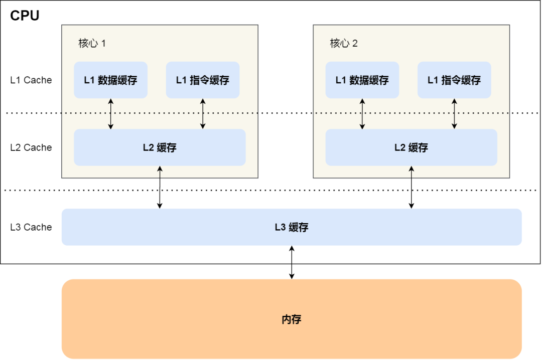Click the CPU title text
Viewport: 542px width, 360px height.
25,16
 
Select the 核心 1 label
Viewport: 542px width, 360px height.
92,43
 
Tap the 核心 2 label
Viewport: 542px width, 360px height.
344,43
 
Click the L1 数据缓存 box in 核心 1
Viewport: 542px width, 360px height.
110,80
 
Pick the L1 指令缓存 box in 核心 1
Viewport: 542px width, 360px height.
203,80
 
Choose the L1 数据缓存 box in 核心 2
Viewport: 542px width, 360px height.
362,80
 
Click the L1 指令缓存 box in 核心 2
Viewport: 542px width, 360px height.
454,80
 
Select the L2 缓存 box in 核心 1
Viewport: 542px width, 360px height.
160,147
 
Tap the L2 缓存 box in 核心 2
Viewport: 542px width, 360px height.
411,147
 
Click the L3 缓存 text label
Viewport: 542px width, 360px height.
292,227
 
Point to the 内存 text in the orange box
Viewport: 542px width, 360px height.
292,319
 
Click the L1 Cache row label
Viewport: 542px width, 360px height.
31,80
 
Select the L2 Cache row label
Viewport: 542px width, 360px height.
31,147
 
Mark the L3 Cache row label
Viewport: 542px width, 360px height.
31,227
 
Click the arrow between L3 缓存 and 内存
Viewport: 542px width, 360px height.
292,262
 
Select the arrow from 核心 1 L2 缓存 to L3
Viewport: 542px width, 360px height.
160,187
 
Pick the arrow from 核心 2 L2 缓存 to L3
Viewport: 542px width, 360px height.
412,187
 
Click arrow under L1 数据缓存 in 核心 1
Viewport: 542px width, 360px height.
111,114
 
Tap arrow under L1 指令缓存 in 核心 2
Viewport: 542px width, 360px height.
454,114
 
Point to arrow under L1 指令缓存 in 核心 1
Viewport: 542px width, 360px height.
203,114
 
